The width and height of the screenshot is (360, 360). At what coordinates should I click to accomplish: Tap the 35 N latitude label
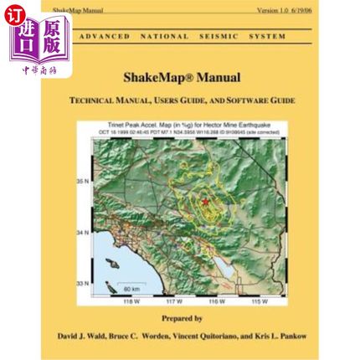coord(83,180)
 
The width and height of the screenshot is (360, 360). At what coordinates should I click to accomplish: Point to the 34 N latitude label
coord(83,232)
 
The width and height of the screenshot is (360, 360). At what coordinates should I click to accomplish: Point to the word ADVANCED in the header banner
coord(103,37)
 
